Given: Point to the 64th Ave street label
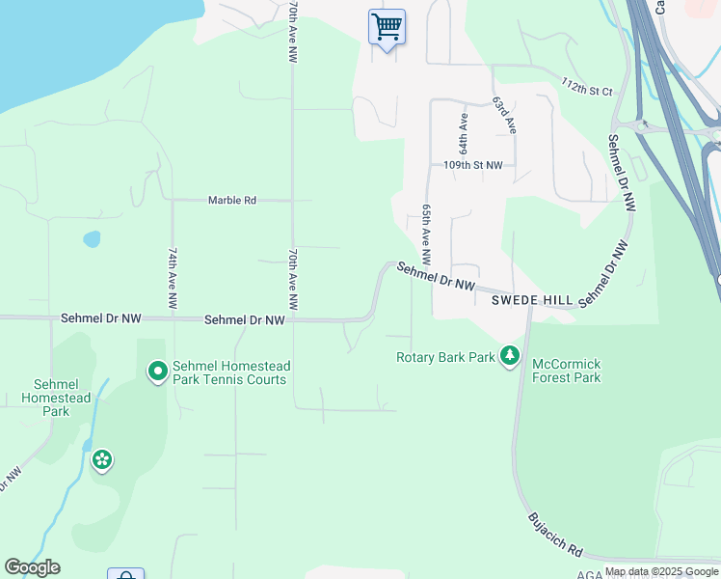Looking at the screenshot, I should point(464,134).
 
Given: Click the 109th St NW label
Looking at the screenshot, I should point(473,165).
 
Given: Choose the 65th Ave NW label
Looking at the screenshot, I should point(426,234).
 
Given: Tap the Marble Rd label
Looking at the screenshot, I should point(232,201).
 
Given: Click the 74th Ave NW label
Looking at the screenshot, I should point(173,278).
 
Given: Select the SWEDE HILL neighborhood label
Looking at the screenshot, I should point(532,300).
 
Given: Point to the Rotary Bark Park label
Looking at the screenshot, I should point(445,357).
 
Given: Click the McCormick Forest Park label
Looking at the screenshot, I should point(566,371).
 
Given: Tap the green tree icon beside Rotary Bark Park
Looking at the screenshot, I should point(509,357).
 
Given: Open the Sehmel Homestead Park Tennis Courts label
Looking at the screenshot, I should point(230,372).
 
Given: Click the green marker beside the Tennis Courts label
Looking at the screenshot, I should point(156,371).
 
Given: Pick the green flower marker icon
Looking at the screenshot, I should point(101,460).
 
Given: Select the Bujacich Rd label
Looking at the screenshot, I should point(555,535).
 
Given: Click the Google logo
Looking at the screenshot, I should point(32,567).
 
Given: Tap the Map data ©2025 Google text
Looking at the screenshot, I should point(661,572).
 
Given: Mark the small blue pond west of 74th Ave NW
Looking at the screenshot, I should point(92,238).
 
